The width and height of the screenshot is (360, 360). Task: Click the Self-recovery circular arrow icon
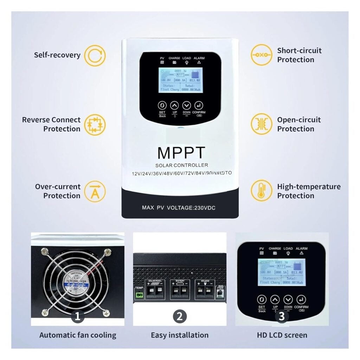pos(95,56)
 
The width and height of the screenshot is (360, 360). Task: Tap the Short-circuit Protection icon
pos(261,55)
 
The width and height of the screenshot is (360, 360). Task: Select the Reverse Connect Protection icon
pos(95,124)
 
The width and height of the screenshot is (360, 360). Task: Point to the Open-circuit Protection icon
pos(261,124)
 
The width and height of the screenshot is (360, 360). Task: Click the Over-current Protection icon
pos(95,191)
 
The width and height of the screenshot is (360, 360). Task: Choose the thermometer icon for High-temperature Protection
pos(261,191)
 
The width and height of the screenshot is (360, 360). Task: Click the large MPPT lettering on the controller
pos(181,153)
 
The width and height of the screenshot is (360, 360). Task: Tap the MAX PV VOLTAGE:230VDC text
pos(179,208)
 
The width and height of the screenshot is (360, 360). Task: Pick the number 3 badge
pos(281,316)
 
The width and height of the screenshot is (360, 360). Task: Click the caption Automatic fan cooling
pos(78,335)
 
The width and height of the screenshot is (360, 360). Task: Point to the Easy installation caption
pos(179,335)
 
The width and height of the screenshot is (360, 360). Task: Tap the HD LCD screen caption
pos(282,335)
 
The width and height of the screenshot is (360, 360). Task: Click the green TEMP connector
pos(140,295)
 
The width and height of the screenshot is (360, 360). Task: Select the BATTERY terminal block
pos(180,290)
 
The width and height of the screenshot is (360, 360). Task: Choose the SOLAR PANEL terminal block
pos(155,290)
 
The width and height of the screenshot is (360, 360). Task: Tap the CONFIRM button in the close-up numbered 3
pos(301,300)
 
